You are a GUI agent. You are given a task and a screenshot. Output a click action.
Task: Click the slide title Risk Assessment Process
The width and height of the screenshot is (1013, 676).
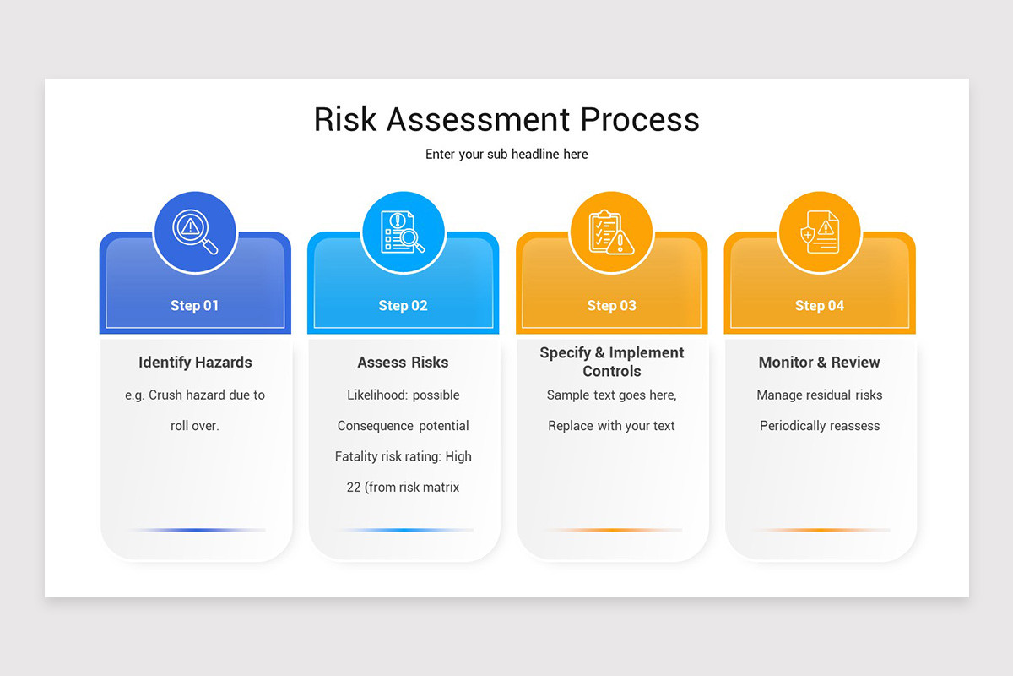coord(506,119)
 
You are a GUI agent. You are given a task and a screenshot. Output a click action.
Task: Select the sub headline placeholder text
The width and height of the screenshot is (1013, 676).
coord(506,154)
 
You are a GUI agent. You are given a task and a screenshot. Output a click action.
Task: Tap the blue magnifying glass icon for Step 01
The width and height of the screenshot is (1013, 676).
coord(195,232)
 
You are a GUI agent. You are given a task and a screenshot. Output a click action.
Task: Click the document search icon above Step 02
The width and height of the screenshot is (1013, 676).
coord(403,232)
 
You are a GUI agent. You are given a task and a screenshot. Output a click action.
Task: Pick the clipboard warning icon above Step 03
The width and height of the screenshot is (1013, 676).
coord(611,232)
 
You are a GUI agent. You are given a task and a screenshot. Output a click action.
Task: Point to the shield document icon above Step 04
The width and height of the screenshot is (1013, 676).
coord(820,232)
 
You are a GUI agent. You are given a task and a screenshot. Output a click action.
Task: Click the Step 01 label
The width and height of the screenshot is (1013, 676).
coord(195,306)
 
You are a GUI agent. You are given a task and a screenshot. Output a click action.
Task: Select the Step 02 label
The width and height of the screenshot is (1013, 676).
coord(403,306)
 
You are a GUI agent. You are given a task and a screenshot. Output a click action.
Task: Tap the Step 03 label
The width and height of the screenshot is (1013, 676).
coord(611,306)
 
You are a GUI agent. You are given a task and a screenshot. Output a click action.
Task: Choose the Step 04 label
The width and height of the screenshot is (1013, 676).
coord(820,306)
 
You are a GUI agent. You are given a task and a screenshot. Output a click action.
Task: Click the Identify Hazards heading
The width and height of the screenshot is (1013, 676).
coord(195,363)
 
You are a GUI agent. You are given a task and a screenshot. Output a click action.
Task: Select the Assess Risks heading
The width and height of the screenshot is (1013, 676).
coord(403,363)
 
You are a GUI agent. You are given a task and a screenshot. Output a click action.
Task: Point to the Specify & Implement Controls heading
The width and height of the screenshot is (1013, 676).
coord(611,362)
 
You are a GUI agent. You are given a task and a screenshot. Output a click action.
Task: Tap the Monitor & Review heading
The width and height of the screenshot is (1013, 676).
coord(820,363)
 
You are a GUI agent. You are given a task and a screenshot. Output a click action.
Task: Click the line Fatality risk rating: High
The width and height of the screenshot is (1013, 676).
coord(403,456)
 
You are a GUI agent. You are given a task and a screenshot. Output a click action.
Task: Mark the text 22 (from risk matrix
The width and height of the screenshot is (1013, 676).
coord(403,488)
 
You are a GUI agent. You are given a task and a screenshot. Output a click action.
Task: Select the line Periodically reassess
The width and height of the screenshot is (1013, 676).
coord(820,426)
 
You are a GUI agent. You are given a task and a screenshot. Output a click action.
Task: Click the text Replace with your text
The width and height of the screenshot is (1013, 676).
coord(611,426)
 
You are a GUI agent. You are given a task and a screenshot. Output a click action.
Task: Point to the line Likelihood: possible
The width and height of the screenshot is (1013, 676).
coord(403,395)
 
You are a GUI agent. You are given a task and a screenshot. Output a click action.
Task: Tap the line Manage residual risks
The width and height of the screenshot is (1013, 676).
coord(820,395)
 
